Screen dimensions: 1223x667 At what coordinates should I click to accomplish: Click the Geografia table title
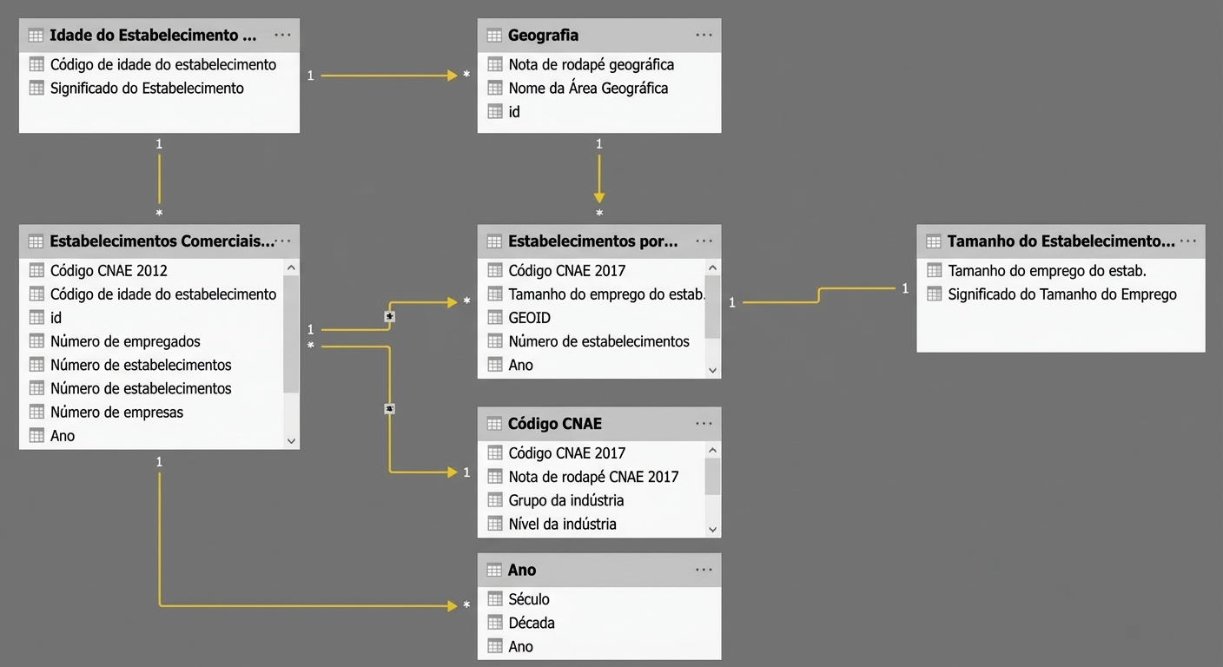point(543,36)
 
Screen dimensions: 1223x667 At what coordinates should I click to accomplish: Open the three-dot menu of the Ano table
point(704,570)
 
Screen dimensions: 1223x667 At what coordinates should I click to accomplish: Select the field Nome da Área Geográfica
point(588,89)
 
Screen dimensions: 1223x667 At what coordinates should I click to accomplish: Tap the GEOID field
point(529,318)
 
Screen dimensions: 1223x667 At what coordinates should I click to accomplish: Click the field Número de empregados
point(125,341)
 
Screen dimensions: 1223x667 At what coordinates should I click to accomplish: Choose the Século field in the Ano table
point(528,599)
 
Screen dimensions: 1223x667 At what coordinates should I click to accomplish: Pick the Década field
point(532,623)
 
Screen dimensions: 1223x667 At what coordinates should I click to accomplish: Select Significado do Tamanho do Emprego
point(1062,294)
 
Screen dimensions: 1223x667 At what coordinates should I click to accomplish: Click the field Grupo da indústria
point(565,500)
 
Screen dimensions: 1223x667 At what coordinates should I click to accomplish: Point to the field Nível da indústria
point(562,524)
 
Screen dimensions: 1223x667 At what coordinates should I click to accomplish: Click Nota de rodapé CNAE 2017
point(593,477)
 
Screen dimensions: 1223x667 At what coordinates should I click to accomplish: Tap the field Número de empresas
point(116,413)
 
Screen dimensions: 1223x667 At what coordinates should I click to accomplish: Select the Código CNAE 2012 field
point(109,271)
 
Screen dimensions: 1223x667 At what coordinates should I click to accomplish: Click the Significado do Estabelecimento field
point(147,89)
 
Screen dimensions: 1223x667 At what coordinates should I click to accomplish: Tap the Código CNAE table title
point(555,424)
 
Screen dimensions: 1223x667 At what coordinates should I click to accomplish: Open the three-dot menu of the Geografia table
point(704,35)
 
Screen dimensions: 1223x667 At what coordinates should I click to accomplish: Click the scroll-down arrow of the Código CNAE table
point(712,529)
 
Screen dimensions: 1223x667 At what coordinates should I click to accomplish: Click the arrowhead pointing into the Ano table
point(452,605)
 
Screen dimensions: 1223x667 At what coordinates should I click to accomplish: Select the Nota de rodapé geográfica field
point(592,65)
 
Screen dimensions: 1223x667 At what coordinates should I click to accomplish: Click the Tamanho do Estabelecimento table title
point(1061,241)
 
